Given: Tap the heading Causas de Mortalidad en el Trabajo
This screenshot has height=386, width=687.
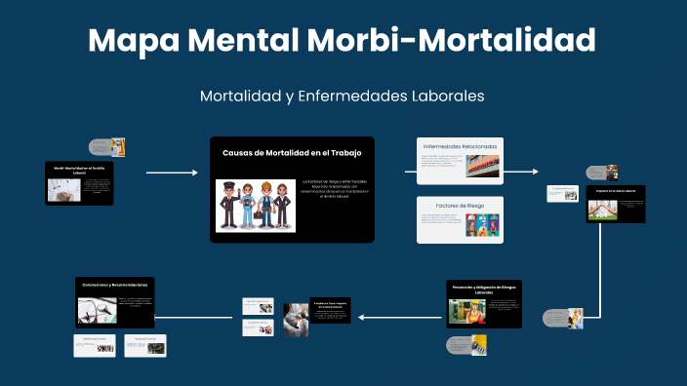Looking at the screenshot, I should [292, 153].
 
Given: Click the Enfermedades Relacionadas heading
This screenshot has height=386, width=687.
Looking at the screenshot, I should [460, 146].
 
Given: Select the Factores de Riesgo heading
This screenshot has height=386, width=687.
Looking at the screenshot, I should [460, 206].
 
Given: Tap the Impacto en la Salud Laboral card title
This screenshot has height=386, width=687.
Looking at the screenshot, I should [615, 191].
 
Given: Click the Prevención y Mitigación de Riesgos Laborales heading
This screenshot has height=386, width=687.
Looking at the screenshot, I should [486, 289].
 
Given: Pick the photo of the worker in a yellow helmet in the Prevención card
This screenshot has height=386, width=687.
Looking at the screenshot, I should [466, 311].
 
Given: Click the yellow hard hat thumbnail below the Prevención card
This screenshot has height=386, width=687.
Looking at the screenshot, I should [480, 344].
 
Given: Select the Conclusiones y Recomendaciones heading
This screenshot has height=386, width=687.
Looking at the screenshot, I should [114, 285].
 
